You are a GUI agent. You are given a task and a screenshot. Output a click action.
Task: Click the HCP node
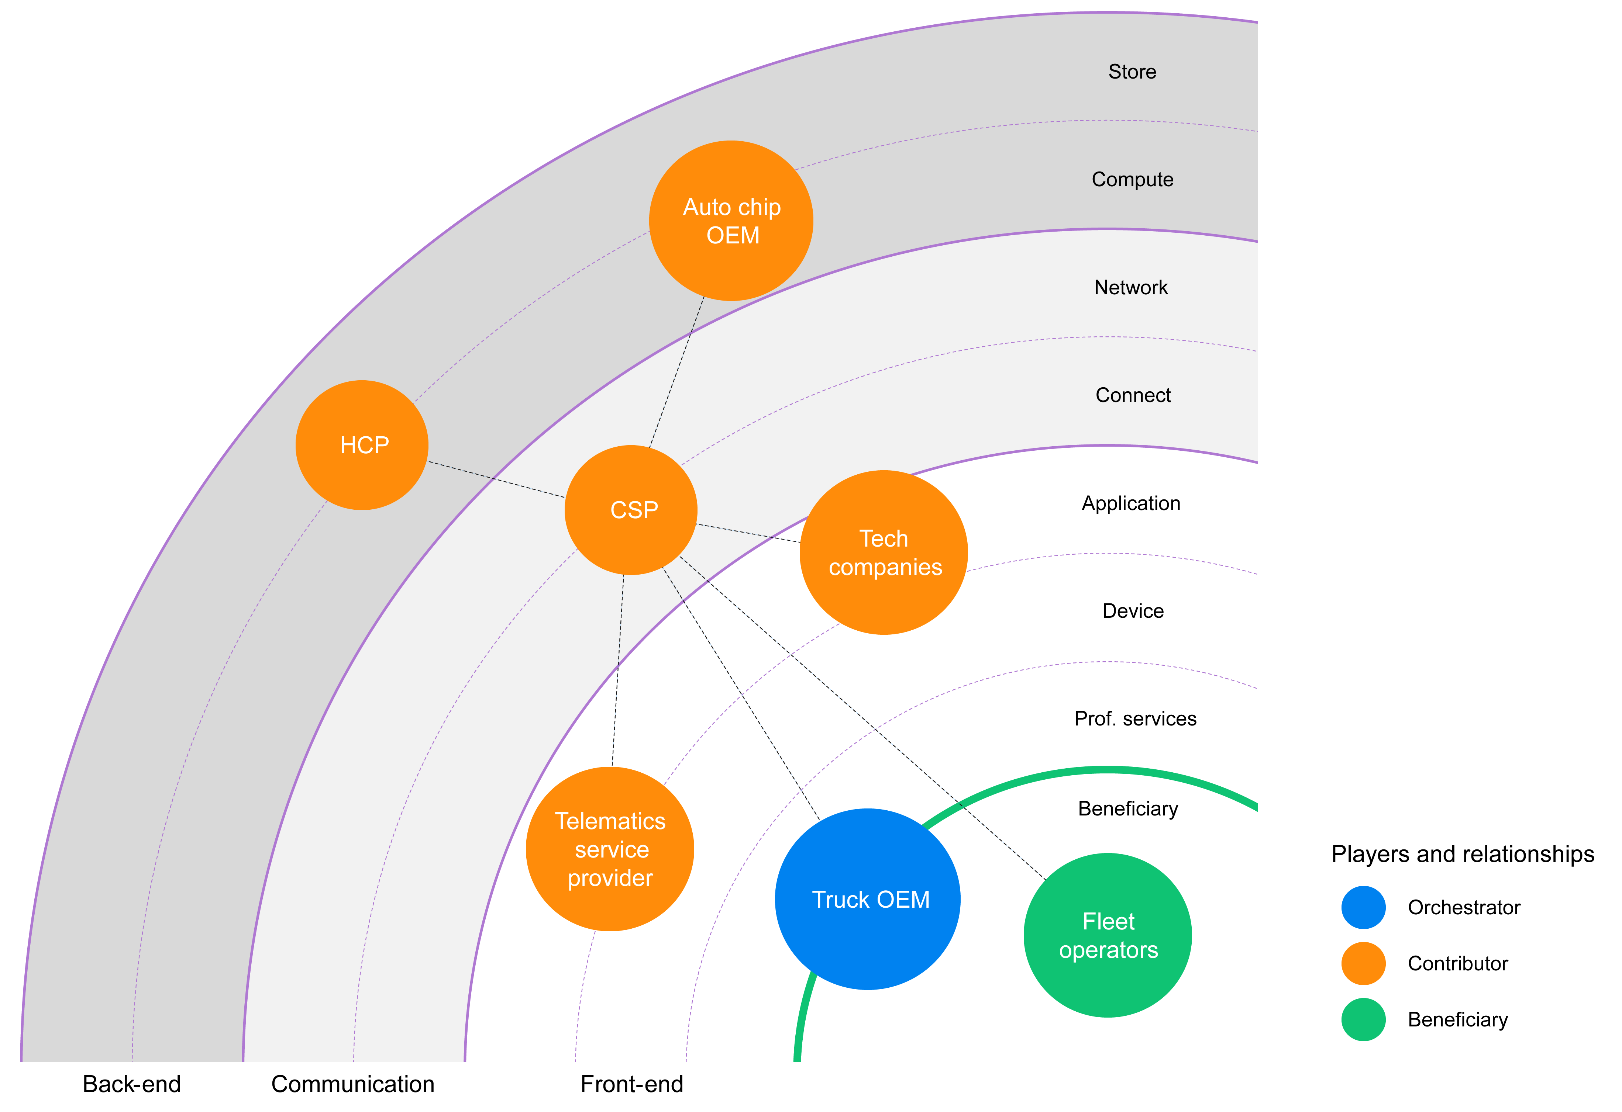click(x=362, y=445)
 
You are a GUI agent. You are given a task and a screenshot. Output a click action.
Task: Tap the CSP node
click(x=631, y=510)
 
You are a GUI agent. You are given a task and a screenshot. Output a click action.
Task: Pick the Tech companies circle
click(x=884, y=552)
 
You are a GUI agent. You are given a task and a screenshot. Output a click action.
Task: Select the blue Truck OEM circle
click(x=868, y=899)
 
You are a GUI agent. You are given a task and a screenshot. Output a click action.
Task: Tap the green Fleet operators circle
click(x=1108, y=935)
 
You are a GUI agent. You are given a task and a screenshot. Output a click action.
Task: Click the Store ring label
click(x=1132, y=72)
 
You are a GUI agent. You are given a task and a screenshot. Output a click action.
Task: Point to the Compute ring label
click(x=1132, y=179)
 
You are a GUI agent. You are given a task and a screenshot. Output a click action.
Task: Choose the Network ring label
click(x=1131, y=287)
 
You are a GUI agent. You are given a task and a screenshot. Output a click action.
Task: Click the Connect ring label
click(x=1133, y=395)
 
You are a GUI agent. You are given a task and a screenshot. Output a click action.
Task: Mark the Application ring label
click(x=1131, y=503)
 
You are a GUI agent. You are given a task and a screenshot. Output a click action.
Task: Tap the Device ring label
click(x=1133, y=611)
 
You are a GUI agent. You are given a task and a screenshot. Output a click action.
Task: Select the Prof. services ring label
click(x=1135, y=718)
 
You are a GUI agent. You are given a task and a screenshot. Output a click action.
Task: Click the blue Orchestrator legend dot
click(x=1363, y=908)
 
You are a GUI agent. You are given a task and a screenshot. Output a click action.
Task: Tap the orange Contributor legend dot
click(x=1363, y=963)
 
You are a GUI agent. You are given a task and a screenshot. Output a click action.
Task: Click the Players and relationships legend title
click(x=1462, y=854)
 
